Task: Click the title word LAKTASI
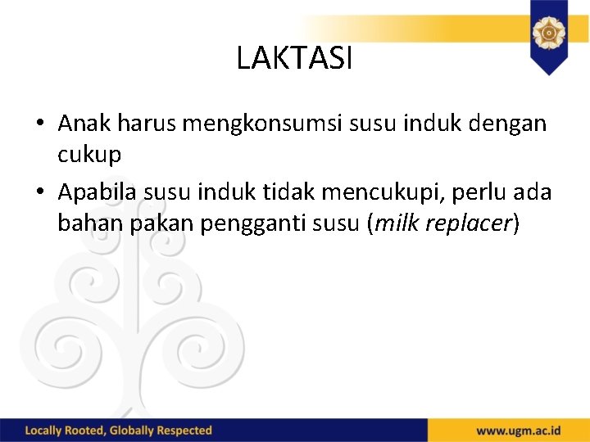click(x=294, y=58)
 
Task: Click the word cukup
click(x=89, y=155)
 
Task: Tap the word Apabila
click(x=99, y=192)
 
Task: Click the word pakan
click(x=146, y=223)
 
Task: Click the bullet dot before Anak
click(x=39, y=125)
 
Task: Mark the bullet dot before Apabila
click(x=39, y=193)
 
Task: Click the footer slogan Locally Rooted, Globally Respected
click(x=119, y=431)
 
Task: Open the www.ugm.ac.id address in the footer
click(x=518, y=431)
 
